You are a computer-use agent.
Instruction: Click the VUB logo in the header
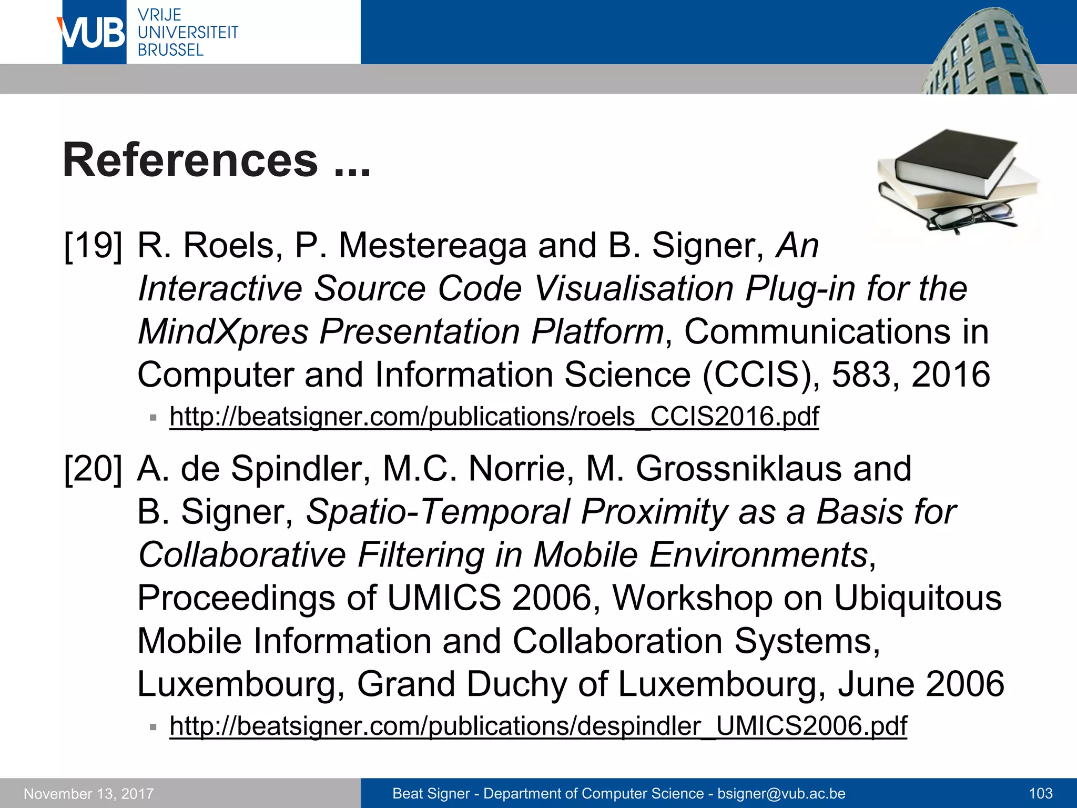tap(94, 33)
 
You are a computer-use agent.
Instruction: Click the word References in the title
tap(190, 160)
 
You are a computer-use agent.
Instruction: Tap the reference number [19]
tap(93, 246)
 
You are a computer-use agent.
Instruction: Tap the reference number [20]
tap(93, 469)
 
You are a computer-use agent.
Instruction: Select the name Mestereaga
tap(431, 246)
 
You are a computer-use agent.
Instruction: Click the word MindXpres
tap(223, 332)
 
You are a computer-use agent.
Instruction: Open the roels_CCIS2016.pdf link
tap(494, 417)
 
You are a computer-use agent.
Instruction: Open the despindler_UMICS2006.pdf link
tap(538, 726)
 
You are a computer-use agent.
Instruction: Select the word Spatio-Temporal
tap(438, 512)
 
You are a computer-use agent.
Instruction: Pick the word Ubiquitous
tap(917, 598)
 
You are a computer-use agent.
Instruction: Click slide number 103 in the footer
tap(1040, 794)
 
